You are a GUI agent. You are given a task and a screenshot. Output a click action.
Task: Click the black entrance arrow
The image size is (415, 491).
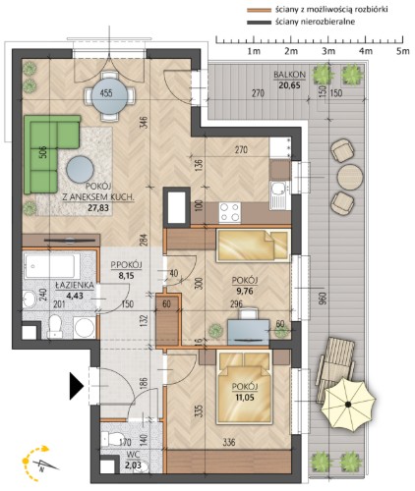pyautogui.click(x=76, y=387)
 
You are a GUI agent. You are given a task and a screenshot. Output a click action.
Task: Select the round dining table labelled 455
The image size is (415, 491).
pyautogui.click(x=109, y=92)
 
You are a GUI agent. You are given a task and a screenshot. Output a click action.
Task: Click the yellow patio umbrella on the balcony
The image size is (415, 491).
pyautogui.click(x=348, y=405)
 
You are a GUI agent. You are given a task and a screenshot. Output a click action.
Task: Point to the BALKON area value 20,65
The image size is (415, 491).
pyautogui.click(x=290, y=85)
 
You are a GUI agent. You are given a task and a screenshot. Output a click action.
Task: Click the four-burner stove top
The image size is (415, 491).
pyautogui.click(x=229, y=212)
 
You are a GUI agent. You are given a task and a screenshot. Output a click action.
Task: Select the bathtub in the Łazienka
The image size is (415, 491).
pyautogui.click(x=52, y=266)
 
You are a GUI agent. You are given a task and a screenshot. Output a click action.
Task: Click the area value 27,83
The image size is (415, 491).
pyautogui.click(x=98, y=207)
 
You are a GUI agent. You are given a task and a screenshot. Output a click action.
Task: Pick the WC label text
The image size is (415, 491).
pyautogui.click(x=134, y=455)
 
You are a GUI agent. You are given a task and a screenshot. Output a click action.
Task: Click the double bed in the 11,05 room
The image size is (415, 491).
pyautogui.click(x=245, y=388)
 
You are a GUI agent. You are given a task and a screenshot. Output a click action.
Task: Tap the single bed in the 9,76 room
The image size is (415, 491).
pyautogui.click(x=253, y=245)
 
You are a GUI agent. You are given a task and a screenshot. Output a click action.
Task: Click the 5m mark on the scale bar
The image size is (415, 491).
pyautogui.click(x=402, y=51)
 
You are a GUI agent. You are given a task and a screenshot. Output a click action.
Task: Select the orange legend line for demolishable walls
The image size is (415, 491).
pyautogui.click(x=259, y=10)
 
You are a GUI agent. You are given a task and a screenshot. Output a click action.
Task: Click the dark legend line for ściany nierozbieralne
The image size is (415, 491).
pyautogui.click(x=259, y=23)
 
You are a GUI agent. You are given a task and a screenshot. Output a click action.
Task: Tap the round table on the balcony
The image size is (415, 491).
pyautogui.click(x=350, y=177)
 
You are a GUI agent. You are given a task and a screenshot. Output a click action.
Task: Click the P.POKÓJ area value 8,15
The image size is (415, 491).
pyautogui.click(x=126, y=276)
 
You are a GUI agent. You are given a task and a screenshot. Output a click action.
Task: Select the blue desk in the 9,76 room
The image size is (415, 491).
pyautogui.click(x=248, y=331)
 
